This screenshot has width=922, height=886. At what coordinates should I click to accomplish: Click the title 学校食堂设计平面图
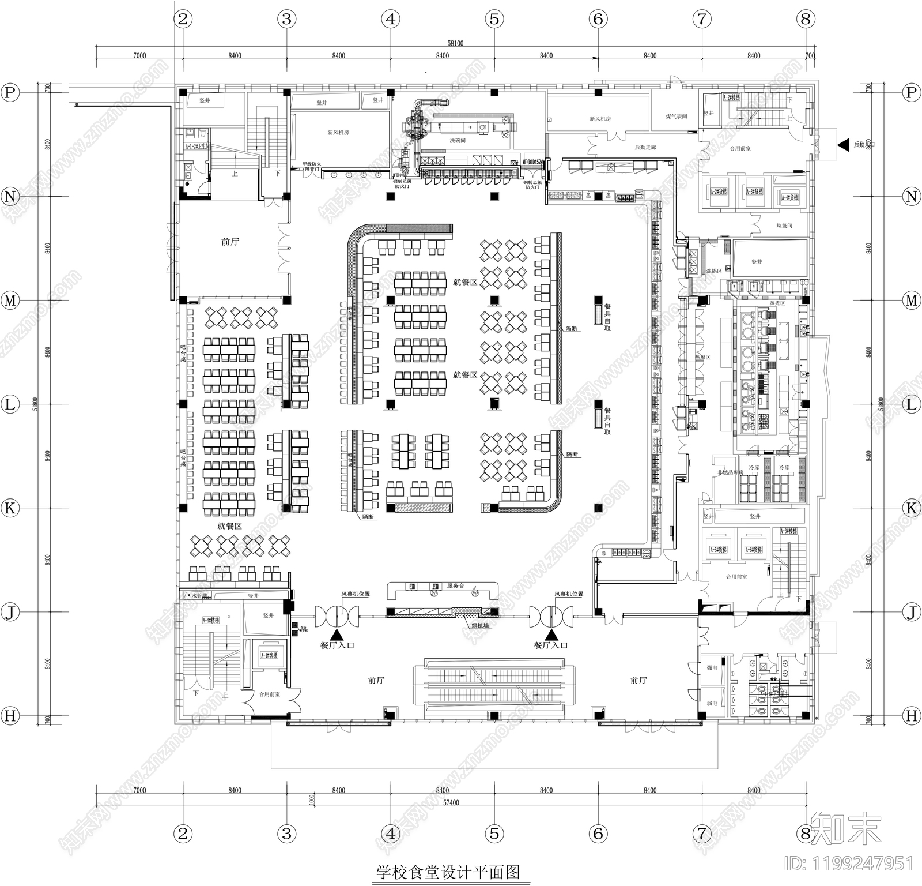point(448,872)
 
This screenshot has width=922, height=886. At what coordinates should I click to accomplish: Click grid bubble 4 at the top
point(391,19)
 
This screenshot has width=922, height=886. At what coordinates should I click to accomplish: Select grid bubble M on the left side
point(10,301)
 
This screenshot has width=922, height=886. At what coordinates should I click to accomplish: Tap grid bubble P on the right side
point(911,92)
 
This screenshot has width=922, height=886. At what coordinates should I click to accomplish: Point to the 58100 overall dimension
point(455,43)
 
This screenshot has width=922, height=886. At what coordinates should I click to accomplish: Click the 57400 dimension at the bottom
point(451,802)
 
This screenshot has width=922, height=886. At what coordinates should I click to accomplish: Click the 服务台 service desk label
point(455,585)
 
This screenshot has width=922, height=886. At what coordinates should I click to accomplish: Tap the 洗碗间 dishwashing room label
point(458,141)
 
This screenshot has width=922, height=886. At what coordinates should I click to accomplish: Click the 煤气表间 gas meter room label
point(677,117)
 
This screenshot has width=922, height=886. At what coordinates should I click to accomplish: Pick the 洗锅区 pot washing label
point(713,271)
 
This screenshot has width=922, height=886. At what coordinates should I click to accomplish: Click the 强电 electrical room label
point(712,668)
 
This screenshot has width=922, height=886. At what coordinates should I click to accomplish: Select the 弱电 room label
point(712,704)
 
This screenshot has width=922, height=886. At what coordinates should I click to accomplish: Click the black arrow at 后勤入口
point(844,144)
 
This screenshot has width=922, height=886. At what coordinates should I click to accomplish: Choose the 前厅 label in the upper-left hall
point(230,242)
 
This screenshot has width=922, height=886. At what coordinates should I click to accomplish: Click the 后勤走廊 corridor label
point(645,148)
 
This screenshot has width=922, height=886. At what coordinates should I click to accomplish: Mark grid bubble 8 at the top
point(805,19)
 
